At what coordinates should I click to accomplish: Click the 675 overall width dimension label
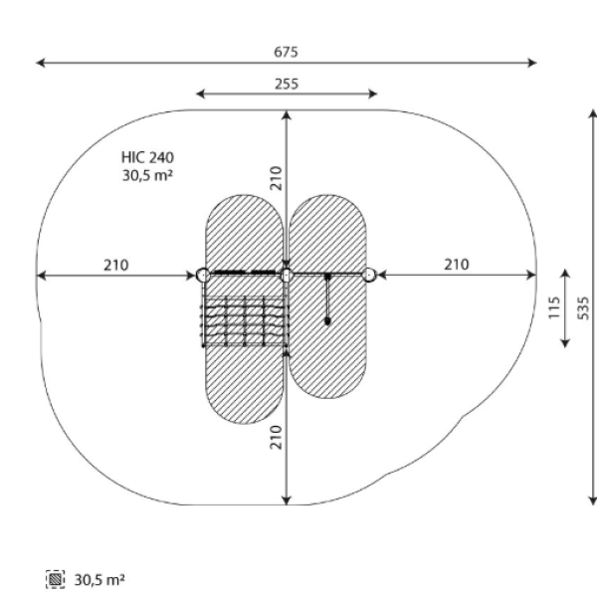pos(286,52)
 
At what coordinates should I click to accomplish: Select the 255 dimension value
pos(287,84)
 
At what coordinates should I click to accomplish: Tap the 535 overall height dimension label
pos(583,308)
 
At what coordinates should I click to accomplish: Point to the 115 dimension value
pos(554,307)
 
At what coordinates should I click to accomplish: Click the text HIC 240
pos(147,157)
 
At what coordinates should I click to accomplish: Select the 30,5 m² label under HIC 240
pos(147,175)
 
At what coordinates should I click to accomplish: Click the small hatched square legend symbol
pos(55,579)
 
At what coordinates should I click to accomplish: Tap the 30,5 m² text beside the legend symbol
pos(99,580)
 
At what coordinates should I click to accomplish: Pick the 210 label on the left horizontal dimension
pos(116,265)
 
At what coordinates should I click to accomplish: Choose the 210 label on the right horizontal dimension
pos(457,265)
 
